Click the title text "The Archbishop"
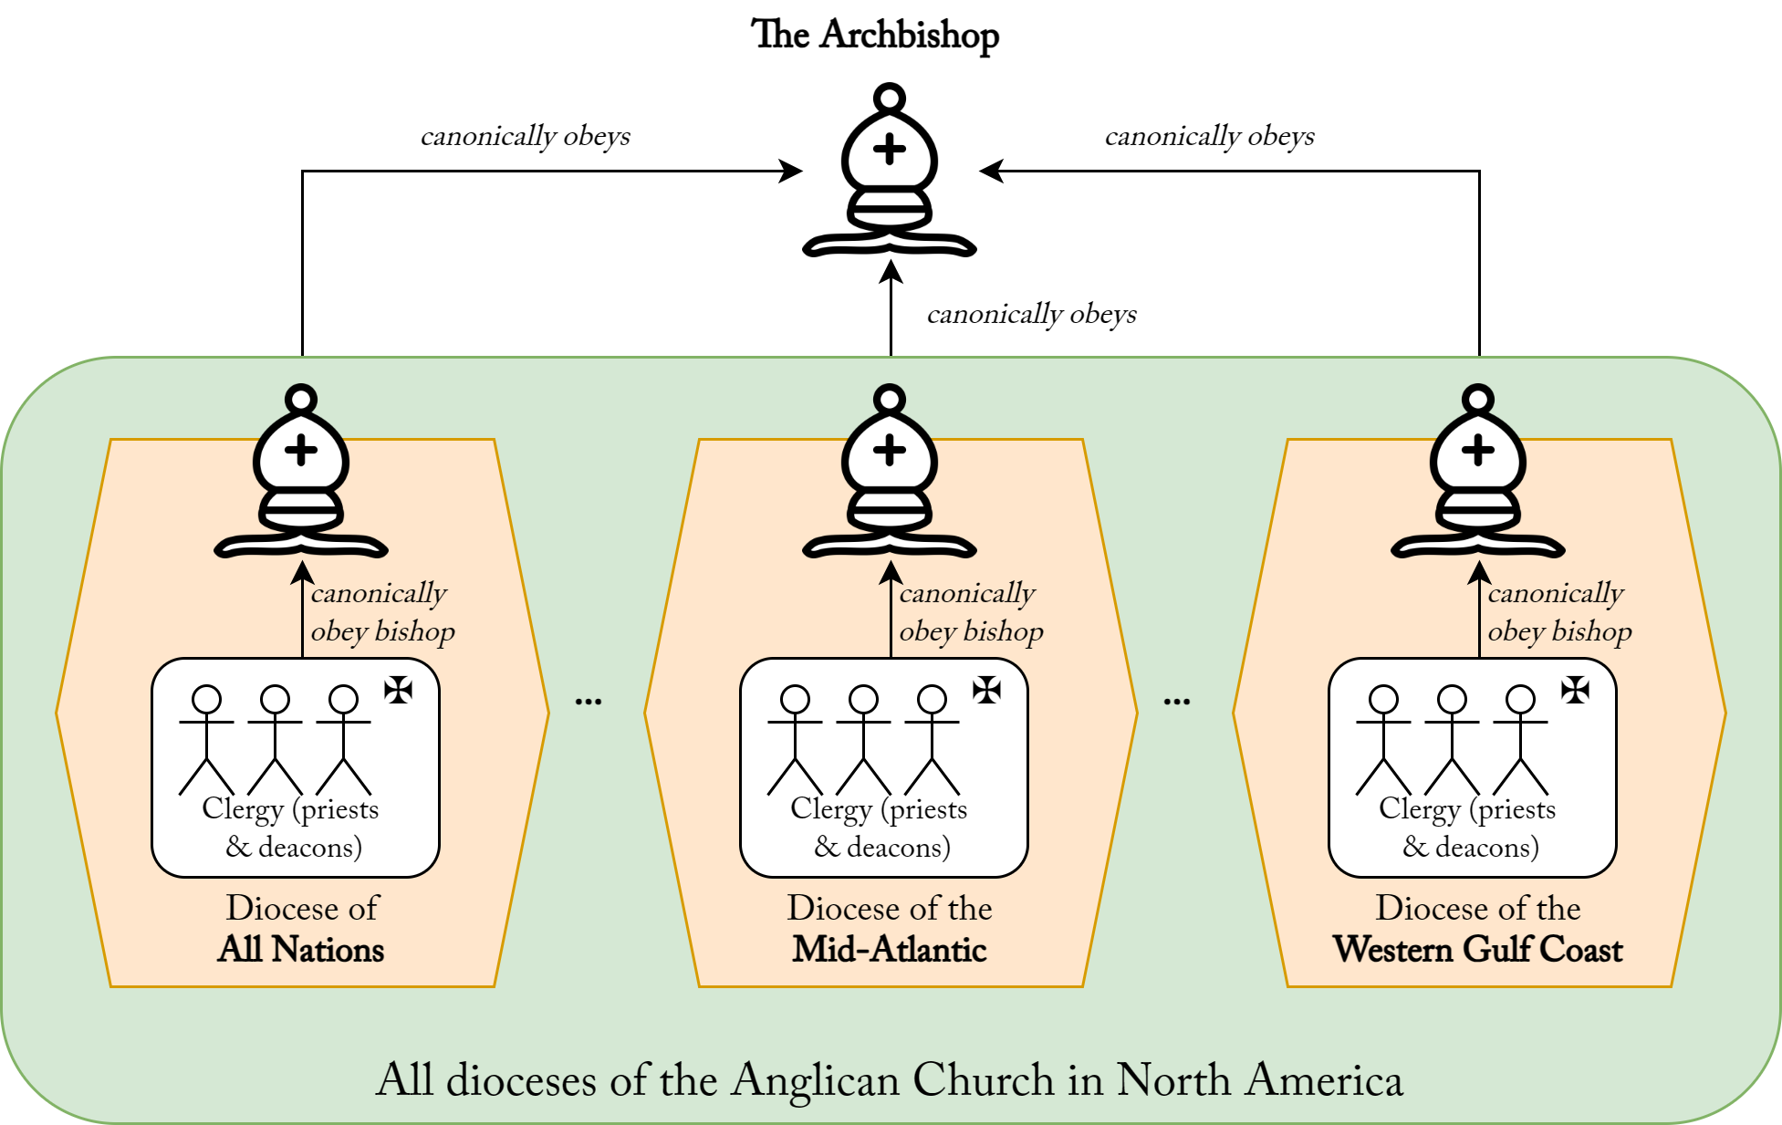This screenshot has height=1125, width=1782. click(x=874, y=35)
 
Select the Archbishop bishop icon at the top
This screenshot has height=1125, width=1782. click(x=890, y=173)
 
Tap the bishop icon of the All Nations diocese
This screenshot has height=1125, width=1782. click(x=301, y=474)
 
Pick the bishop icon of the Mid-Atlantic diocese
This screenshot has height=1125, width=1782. click(x=890, y=474)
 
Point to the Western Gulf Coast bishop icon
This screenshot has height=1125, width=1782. click(x=1478, y=474)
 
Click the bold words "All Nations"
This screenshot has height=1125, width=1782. click(x=301, y=950)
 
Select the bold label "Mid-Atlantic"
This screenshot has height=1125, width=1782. click(x=890, y=950)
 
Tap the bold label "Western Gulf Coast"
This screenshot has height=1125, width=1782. click(x=1478, y=950)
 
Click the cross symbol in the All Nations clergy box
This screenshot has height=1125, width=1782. click(x=398, y=690)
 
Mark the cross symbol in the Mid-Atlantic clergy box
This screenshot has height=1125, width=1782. click(x=986, y=690)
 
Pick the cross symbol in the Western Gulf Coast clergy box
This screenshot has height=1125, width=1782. click(x=1575, y=690)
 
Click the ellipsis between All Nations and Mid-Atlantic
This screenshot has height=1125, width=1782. click(x=589, y=702)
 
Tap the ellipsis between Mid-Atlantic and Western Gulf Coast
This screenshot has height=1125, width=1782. click(x=1177, y=702)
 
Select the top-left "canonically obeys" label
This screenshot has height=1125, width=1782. click(x=526, y=137)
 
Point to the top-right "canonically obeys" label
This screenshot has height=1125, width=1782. click(x=1210, y=137)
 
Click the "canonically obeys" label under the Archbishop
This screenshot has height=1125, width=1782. click(x=1032, y=315)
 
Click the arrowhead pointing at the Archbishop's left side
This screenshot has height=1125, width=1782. click(x=789, y=171)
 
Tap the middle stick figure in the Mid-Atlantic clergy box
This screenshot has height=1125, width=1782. click(x=863, y=739)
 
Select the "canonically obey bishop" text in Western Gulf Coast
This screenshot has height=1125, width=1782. click(x=1559, y=612)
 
